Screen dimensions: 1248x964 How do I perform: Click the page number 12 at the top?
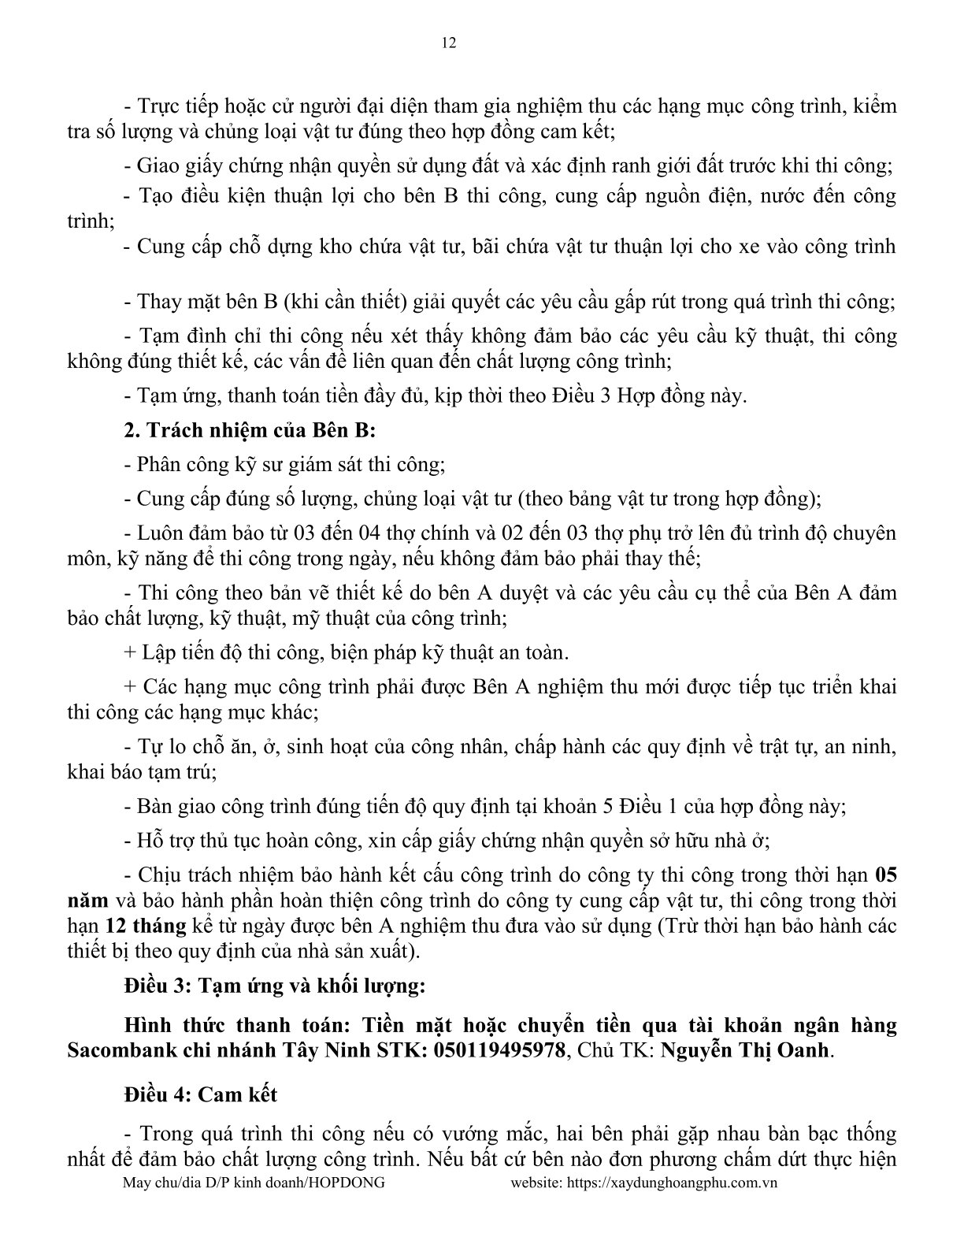(449, 43)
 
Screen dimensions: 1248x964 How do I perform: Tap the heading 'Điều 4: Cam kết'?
(200, 1094)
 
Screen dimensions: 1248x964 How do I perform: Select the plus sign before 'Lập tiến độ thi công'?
(130, 653)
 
